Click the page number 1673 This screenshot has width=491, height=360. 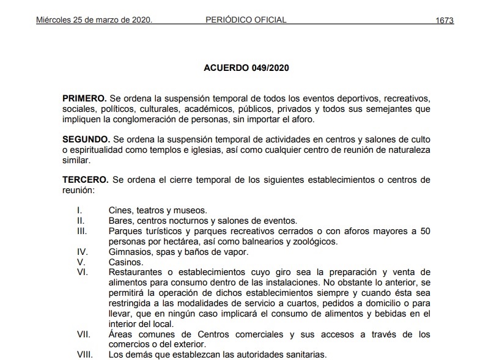pyautogui.click(x=445, y=20)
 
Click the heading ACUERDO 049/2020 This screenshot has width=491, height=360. pyautogui.click(x=246, y=68)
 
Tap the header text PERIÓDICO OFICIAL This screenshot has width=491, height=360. pyautogui.click(x=246, y=20)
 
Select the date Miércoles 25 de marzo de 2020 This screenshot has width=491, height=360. pyautogui.click(x=94, y=20)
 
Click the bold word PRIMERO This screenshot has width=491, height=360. pyautogui.click(x=84, y=98)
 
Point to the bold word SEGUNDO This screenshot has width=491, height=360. pyautogui.click(x=86, y=139)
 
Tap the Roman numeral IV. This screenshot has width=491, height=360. pyautogui.click(x=82, y=252)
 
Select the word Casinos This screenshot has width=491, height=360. pyautogui.click(x=126, y=262)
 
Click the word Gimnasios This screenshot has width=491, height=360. pyautogui.click(x=130, y=252)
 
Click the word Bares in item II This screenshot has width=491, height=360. pyautogui.click(x=120, y=221)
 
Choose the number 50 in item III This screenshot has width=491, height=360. pyautogui.click(x=424, y=231)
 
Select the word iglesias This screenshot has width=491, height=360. pyautogui.click(x=268, y=150)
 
